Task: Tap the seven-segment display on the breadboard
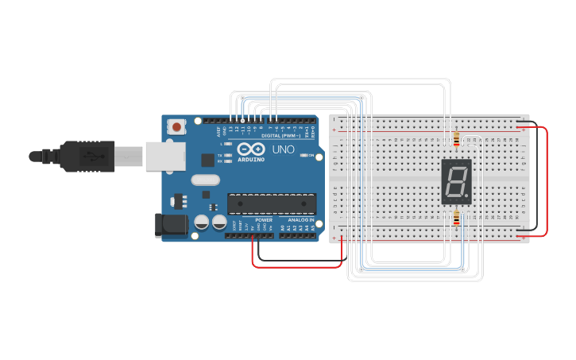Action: [456, 181]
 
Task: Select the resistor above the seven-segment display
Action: [456, 141]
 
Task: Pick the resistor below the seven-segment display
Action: [457, 218]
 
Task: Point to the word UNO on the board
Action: [284, 149]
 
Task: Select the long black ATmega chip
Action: [271, 203]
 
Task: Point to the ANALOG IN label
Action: [300, 220]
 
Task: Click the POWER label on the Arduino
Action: [264, 220]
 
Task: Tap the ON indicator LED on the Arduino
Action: [304, 155]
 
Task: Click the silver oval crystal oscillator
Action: [205, 180]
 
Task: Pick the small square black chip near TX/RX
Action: [207, 159]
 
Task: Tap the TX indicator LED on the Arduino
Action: [229, 155]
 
